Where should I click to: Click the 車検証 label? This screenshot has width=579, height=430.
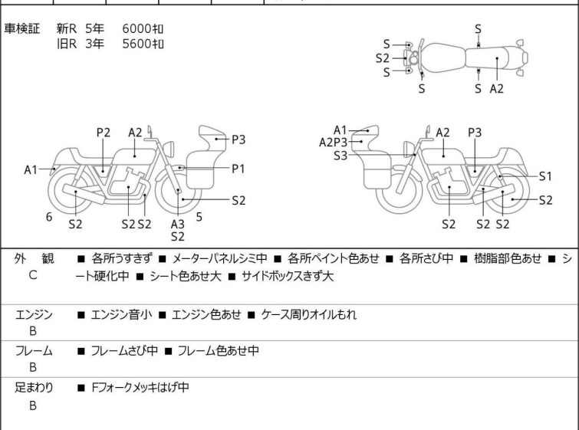click(21, 28)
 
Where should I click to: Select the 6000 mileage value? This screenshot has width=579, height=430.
click(137, 28)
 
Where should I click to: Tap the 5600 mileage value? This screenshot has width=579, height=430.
click(137, 44)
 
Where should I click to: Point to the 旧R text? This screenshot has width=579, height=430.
click(67, 44)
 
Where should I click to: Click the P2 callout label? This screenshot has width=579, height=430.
click(104, 132)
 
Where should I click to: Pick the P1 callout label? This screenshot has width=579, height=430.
click(239, 169)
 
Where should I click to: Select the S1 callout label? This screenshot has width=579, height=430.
click(545, 176)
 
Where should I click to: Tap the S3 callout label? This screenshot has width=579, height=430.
click(340, 156)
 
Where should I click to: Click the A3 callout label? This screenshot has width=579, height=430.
click(178, 224)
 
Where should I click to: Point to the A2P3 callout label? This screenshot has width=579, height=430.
click(334, 143)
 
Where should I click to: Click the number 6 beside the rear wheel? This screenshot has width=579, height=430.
click(49, 217)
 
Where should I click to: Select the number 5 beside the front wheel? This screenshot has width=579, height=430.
click(199, 217)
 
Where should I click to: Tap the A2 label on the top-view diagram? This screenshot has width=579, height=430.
click(497, 89)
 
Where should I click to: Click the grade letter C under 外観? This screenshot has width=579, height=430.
click(33, 275)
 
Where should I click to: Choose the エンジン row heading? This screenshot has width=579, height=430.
click(34, 314)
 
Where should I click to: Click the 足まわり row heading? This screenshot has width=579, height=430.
click(34, 387)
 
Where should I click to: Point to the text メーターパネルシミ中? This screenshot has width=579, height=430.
click(219, 258)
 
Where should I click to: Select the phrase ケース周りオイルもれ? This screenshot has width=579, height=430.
click(309, 314)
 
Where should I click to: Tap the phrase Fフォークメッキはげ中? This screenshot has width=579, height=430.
click(140, 387)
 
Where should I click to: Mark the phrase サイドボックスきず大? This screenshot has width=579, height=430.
click(288, 276)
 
